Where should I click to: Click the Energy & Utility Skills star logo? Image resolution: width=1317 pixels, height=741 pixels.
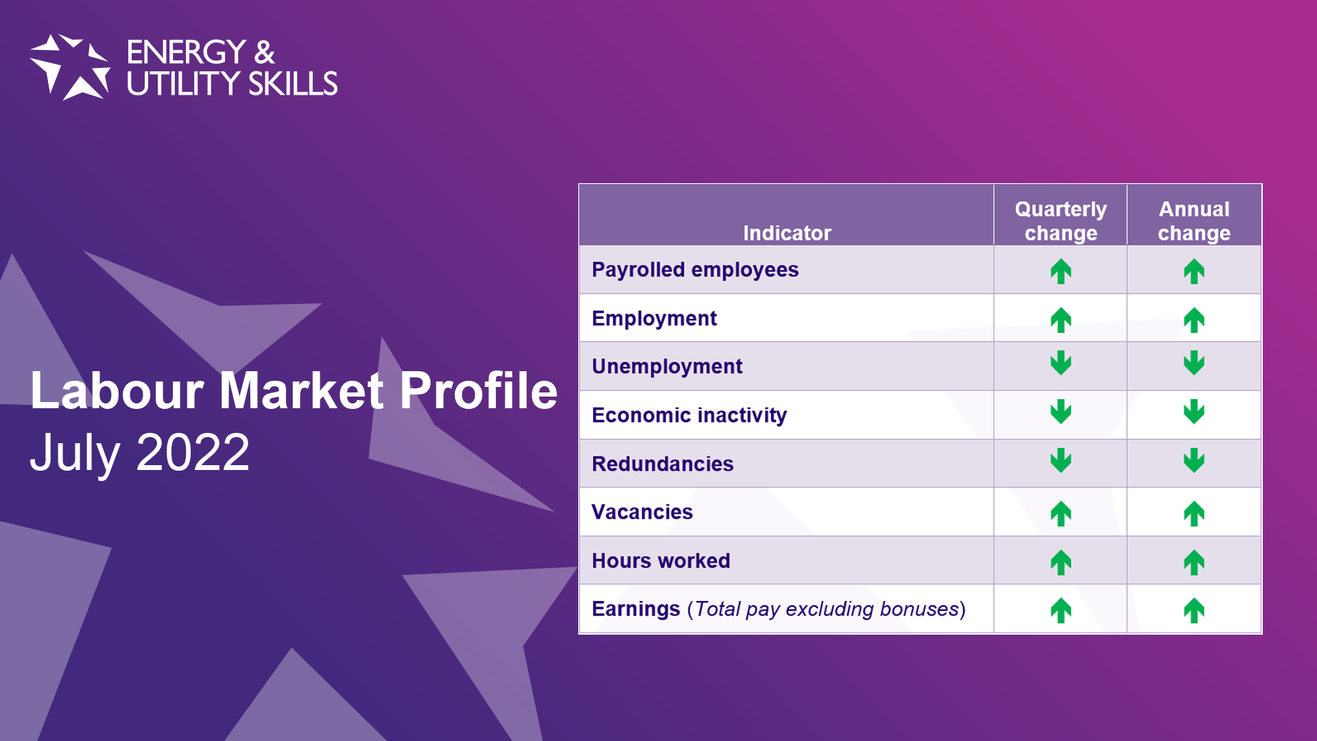click(x=70, y=67)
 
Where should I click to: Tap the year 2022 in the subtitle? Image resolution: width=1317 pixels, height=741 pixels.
click(x=193, y=452)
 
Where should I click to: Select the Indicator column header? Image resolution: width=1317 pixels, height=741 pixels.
click(x=787, y=233)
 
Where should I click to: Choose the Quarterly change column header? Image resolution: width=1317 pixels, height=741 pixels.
click(x=1060, y=221)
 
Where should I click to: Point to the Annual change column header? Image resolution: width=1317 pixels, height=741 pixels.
click(x=1194, y=221)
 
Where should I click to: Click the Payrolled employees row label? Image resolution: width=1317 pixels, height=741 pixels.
click(x=695, y=270)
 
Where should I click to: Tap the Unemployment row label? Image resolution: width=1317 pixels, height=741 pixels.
click(x=667, y=367)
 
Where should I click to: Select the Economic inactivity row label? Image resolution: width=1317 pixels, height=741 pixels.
click(x=689, y=415)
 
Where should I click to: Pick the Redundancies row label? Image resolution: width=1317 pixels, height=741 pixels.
click(x=663, y=464)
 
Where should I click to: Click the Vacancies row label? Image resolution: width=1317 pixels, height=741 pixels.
click(x=642, y=512)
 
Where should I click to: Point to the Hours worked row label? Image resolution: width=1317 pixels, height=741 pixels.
click(x=661, y=561)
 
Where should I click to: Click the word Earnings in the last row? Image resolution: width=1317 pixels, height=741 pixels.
click(x=636, y=609)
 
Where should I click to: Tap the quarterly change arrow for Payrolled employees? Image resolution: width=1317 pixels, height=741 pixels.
click(x=1060, y=271)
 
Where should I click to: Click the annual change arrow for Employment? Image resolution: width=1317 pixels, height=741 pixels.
click(x=1194, y=320)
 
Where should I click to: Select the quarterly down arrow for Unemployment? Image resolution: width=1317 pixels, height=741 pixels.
click(x=1060, y=363)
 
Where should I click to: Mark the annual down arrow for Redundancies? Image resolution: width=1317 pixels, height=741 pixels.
click(x=1194, y=460)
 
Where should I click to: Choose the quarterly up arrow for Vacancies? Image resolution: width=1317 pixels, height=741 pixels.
click(x=1060, y=514)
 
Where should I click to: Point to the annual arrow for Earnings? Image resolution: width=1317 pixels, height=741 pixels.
click(x=1194, y=611)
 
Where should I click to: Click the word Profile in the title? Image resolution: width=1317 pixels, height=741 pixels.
click(x=479, y=390)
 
